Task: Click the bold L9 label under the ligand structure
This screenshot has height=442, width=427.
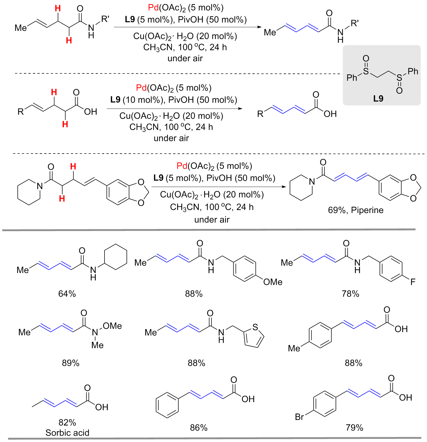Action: click(378, 99)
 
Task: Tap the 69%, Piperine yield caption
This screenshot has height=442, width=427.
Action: click(356, 210)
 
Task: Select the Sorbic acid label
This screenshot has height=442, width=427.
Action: click(67, 433)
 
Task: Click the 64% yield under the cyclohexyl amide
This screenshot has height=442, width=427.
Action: click(67, 294)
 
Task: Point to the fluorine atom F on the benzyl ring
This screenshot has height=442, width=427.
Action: click(413, 282)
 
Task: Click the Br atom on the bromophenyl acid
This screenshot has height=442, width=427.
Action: click(299, 417)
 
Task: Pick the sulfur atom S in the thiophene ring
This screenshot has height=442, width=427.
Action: click(255, 327)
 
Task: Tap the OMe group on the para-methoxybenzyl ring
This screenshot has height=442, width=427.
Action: click(273, 282)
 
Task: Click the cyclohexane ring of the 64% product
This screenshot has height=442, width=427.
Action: click(116, 257)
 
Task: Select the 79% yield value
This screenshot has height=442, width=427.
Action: click(354, 428)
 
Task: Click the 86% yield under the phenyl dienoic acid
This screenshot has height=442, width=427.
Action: click(199, 428)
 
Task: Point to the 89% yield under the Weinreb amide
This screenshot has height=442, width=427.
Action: click(71, 363)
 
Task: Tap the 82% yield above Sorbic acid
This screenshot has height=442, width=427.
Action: click(67, 423)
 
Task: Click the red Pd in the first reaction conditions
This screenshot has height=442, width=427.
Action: click(153, 8)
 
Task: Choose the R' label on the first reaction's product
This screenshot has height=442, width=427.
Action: click(355, 23)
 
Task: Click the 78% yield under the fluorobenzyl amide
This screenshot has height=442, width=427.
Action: click(350, 294)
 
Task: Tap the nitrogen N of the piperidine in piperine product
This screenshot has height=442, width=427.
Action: click(312, 181)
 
